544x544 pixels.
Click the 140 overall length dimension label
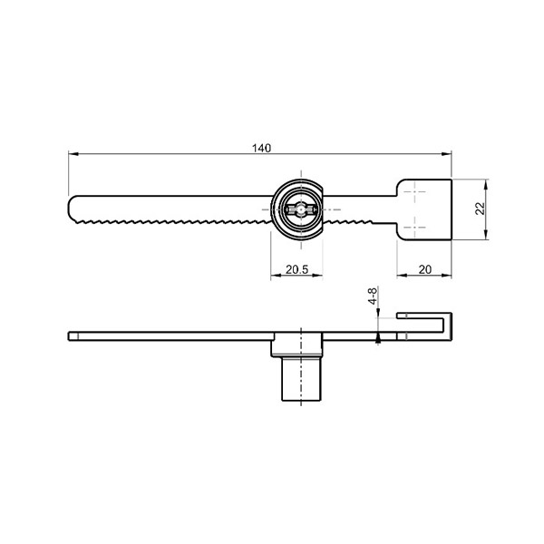(x=261, y=148)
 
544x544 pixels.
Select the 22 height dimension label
(x=480, y=209)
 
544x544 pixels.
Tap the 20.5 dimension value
(x=296, y=269)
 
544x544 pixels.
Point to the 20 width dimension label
(x=425, y=269)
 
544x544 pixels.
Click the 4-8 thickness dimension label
(x=373, y=296)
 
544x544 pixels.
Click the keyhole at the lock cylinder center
(x=300, y=209)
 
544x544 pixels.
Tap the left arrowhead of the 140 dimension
(x=73, y=154)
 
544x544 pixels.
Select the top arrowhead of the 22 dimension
(x=486, y=184)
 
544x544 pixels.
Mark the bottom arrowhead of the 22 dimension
(x=486, y=235)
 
